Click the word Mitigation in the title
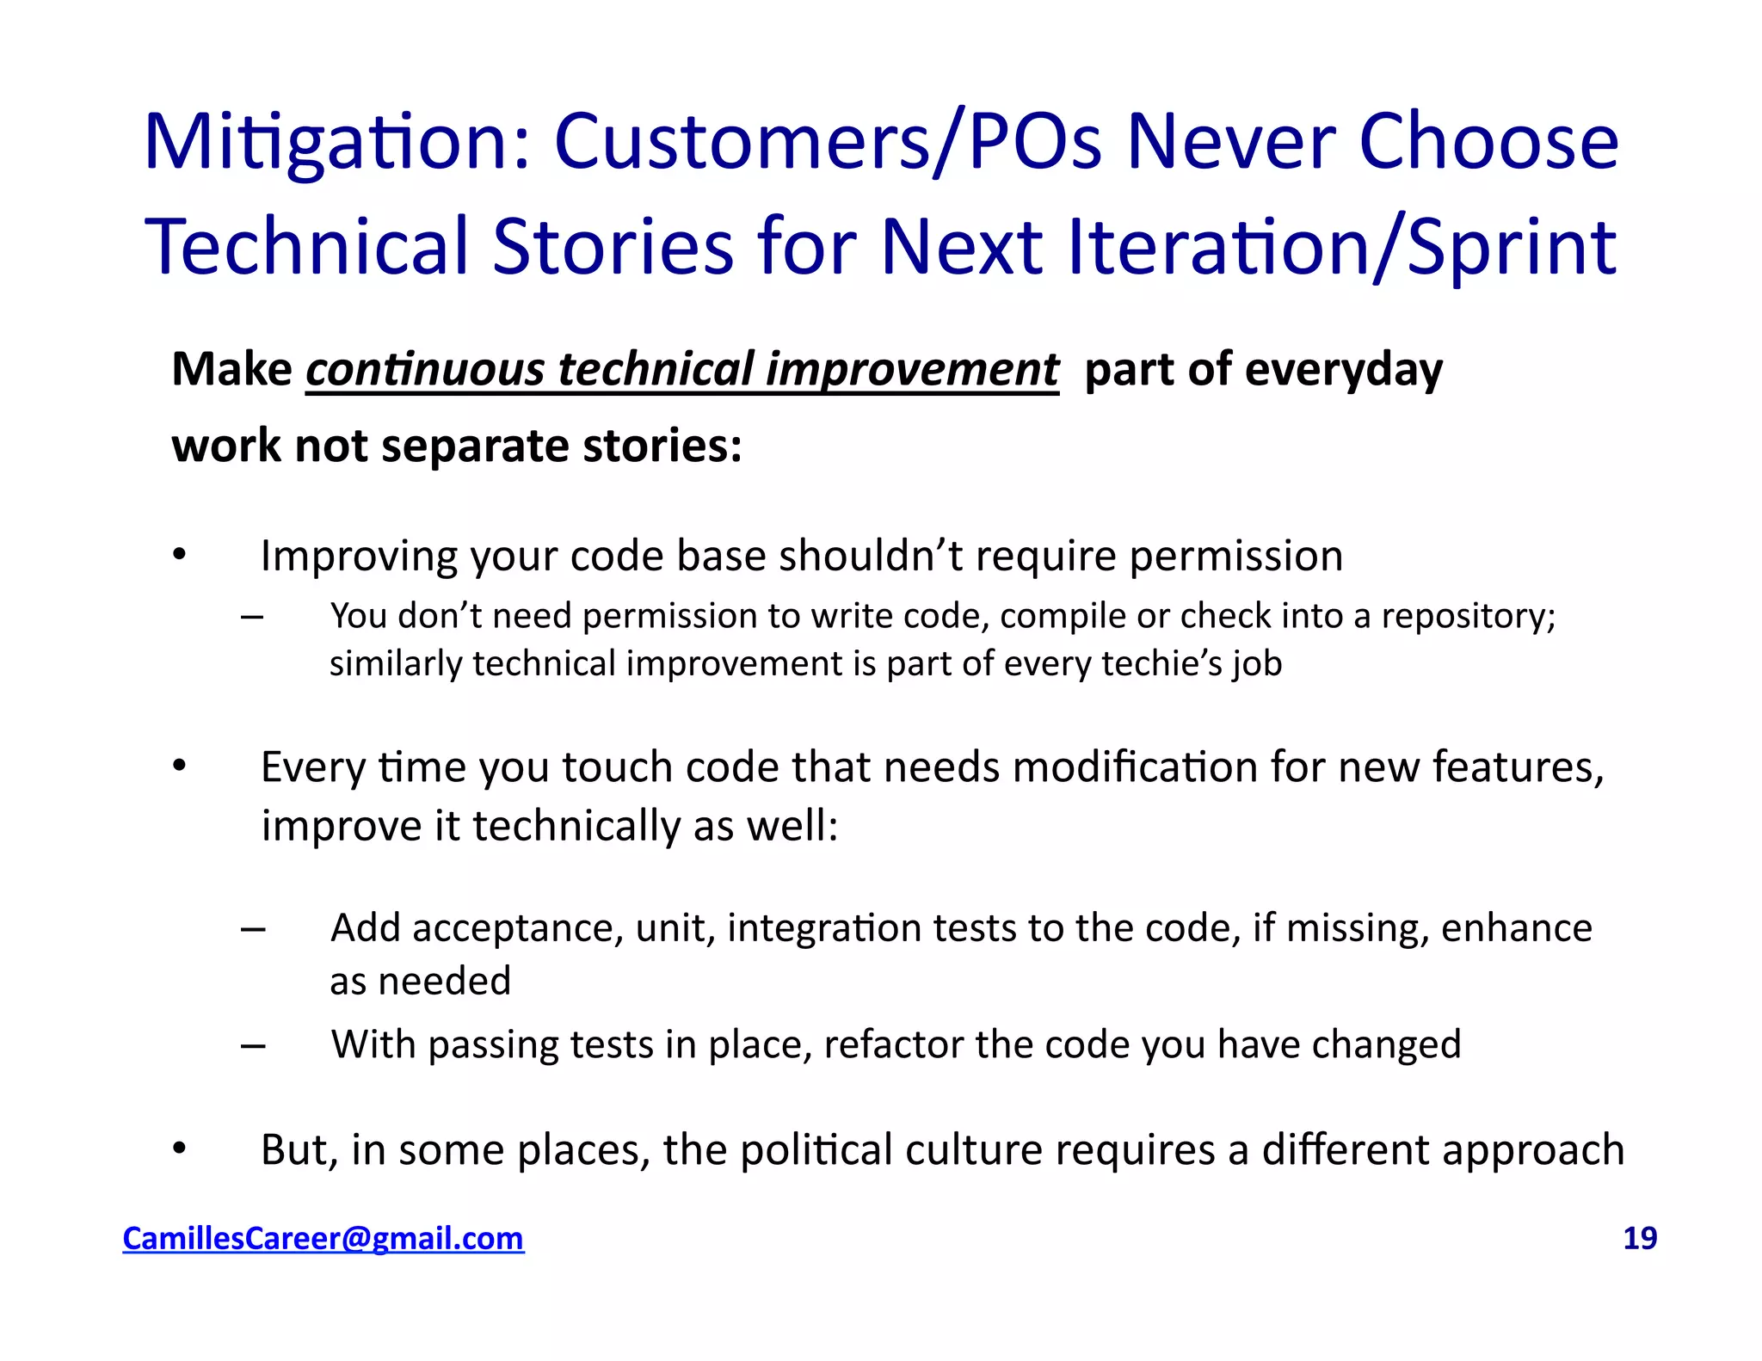point(336,143)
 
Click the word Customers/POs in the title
point(827,143)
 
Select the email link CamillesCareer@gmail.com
point(323,1238)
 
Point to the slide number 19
point(1639,1238)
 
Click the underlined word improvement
point(912,370)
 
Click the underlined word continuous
point(425,370)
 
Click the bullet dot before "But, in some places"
point(179,1149)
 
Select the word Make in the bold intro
point(231,370)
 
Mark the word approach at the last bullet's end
point(1541,1150)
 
